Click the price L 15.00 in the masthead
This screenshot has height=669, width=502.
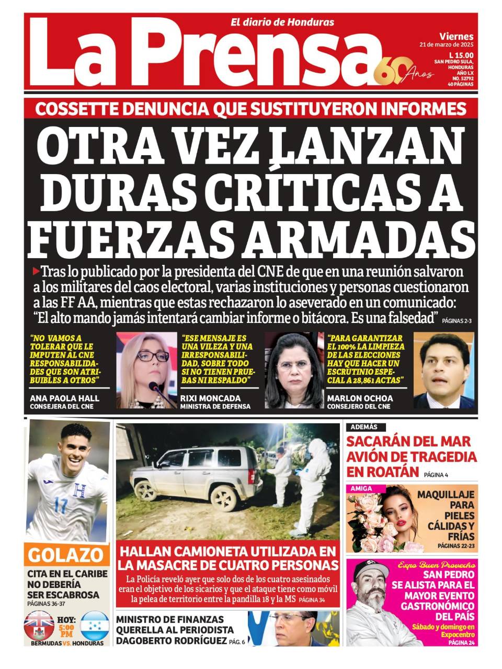pos(461,55)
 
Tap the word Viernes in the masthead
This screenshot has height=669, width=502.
pos(457,37)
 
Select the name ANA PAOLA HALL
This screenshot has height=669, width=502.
pos(64,398)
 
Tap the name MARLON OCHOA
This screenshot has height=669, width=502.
pos(360,398)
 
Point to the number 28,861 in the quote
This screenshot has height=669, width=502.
pos(365,380)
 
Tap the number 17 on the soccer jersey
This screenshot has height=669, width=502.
pos(61,506)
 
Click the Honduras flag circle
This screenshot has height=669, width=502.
pos(95,625)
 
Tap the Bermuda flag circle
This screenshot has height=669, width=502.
pos(39,625)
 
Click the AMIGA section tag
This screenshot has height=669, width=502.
pos(361,489)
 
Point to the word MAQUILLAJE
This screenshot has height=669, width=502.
pos(446,494)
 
